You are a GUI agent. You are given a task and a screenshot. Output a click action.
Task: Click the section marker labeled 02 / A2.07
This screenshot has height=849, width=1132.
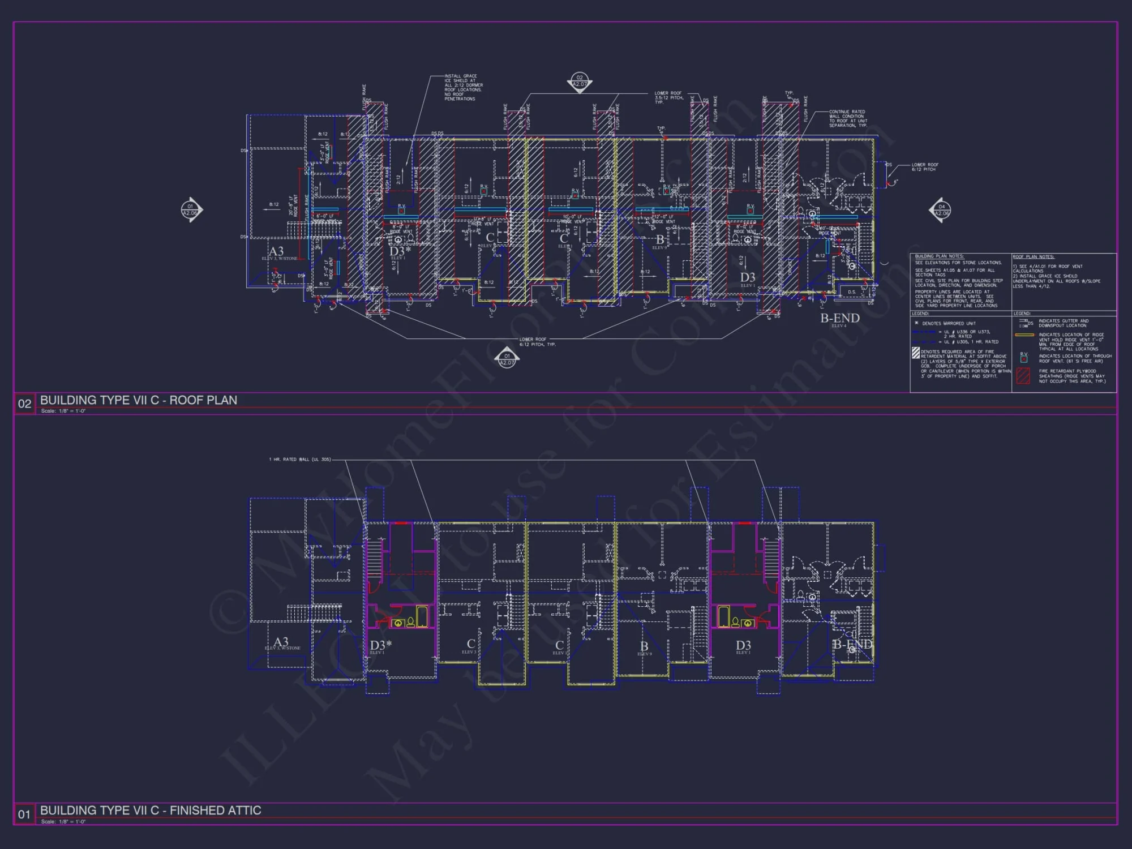(x=579, y=82)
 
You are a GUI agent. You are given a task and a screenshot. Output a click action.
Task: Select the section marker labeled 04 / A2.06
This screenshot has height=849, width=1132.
(x=941, y=210)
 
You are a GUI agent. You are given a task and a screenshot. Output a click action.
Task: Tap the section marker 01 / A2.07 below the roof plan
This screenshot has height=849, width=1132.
(x=507, y=359)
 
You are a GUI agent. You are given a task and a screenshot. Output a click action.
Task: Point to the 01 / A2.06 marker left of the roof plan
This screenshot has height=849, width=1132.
(x=191, y=210)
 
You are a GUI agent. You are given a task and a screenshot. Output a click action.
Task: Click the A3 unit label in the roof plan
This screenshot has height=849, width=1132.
(x=276, y=251)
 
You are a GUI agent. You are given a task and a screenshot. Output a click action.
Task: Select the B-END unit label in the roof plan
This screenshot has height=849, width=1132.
(x=840, y=318)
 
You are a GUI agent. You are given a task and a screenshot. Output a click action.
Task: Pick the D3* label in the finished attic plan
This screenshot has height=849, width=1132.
(x=381, y=645)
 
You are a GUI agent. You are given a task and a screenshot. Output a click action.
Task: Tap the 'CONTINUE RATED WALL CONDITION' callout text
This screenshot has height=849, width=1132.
(x=847, y=118)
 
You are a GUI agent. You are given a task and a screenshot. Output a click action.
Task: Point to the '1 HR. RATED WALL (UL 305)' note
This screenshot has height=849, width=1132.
(x=300, y=460)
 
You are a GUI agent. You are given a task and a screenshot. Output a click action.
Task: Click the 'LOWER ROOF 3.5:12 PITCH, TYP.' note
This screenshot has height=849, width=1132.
(x=668, y=97)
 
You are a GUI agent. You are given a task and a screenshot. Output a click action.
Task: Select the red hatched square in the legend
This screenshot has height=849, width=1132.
(x=1023, y=376)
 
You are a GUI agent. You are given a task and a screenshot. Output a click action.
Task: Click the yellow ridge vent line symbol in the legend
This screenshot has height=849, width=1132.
(x=1024, y=335)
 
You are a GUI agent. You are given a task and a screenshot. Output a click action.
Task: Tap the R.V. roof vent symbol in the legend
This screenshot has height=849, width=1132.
(x=1023, y=358)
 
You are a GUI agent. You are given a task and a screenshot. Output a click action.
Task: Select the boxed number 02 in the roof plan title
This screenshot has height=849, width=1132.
(x=24, y=404)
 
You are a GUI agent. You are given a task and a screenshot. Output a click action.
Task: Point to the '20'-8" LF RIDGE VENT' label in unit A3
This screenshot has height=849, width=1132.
(x=294, y=206)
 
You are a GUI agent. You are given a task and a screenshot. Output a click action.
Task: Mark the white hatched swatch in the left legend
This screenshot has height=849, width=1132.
(x=916, y=353)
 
